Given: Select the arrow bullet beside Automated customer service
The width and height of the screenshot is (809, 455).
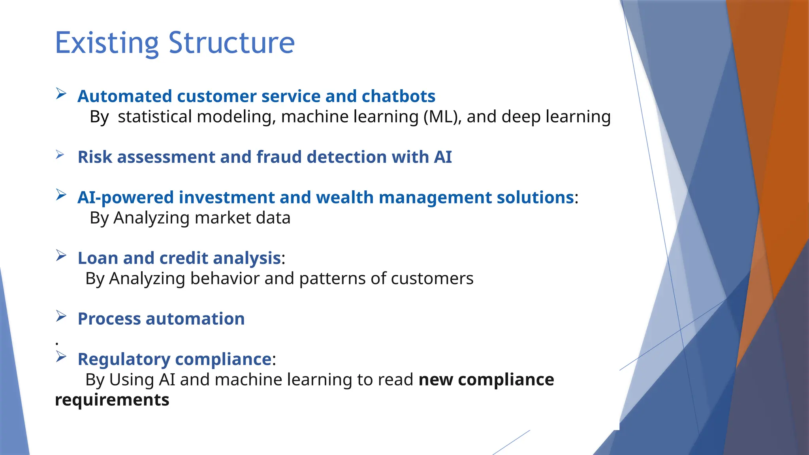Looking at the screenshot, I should point(61,94).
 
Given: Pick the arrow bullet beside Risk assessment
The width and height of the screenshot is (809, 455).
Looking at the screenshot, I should point(60,154).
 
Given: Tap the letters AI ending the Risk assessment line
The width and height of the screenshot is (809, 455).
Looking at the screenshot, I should point(442,157).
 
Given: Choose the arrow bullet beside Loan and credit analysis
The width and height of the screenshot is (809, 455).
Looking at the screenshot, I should point(61,256).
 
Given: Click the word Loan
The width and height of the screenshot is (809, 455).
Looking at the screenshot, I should point(98,258).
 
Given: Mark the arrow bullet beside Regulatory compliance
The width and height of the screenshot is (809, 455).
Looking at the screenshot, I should point(61,357).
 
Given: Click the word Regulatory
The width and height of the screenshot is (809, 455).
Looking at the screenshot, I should point(124,359).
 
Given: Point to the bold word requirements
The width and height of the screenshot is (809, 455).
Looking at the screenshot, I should point(112,400).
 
